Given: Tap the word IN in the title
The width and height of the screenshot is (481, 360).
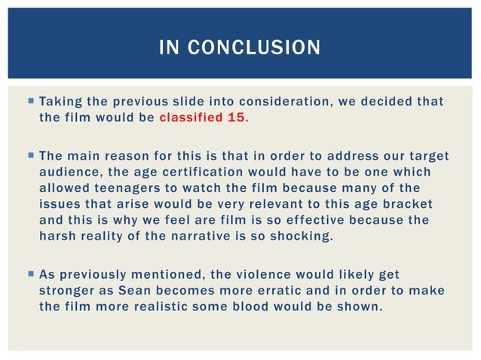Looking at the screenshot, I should click(168, 48).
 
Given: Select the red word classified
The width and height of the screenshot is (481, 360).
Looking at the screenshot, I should click(191, 117).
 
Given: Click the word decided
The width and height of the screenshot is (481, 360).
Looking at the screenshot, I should click(378, 102).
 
